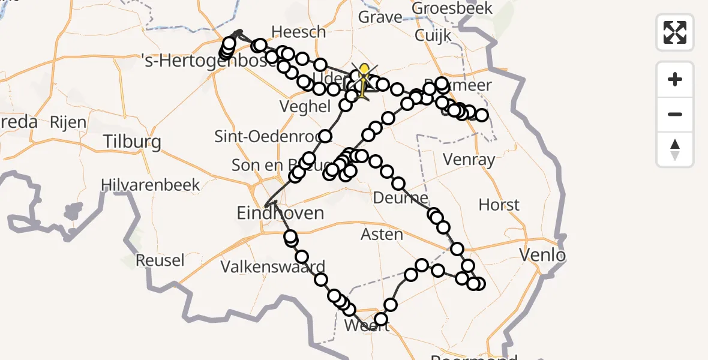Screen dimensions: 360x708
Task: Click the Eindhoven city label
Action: coord(280,213)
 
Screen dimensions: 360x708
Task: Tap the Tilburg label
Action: coord(132,142)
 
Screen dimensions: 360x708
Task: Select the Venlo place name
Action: coord(542,256)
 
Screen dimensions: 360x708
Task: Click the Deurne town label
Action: coord(400,198)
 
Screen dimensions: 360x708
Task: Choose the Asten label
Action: coord(382,234)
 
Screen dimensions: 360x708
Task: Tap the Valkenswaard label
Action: coord(273,267)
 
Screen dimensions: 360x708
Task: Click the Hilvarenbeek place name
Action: coord(150,185)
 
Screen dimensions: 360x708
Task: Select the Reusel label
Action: coord(160,260)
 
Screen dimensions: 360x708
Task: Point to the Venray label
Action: coord(469,160)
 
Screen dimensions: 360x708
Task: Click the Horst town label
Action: coord(499,205)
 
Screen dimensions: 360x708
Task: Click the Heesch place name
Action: coord(298,32)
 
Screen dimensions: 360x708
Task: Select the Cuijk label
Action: coord(432,35)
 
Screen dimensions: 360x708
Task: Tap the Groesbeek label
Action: coord(452,8)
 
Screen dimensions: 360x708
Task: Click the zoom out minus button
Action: coord(675,115)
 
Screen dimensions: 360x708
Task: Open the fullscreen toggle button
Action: coord(675,32)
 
